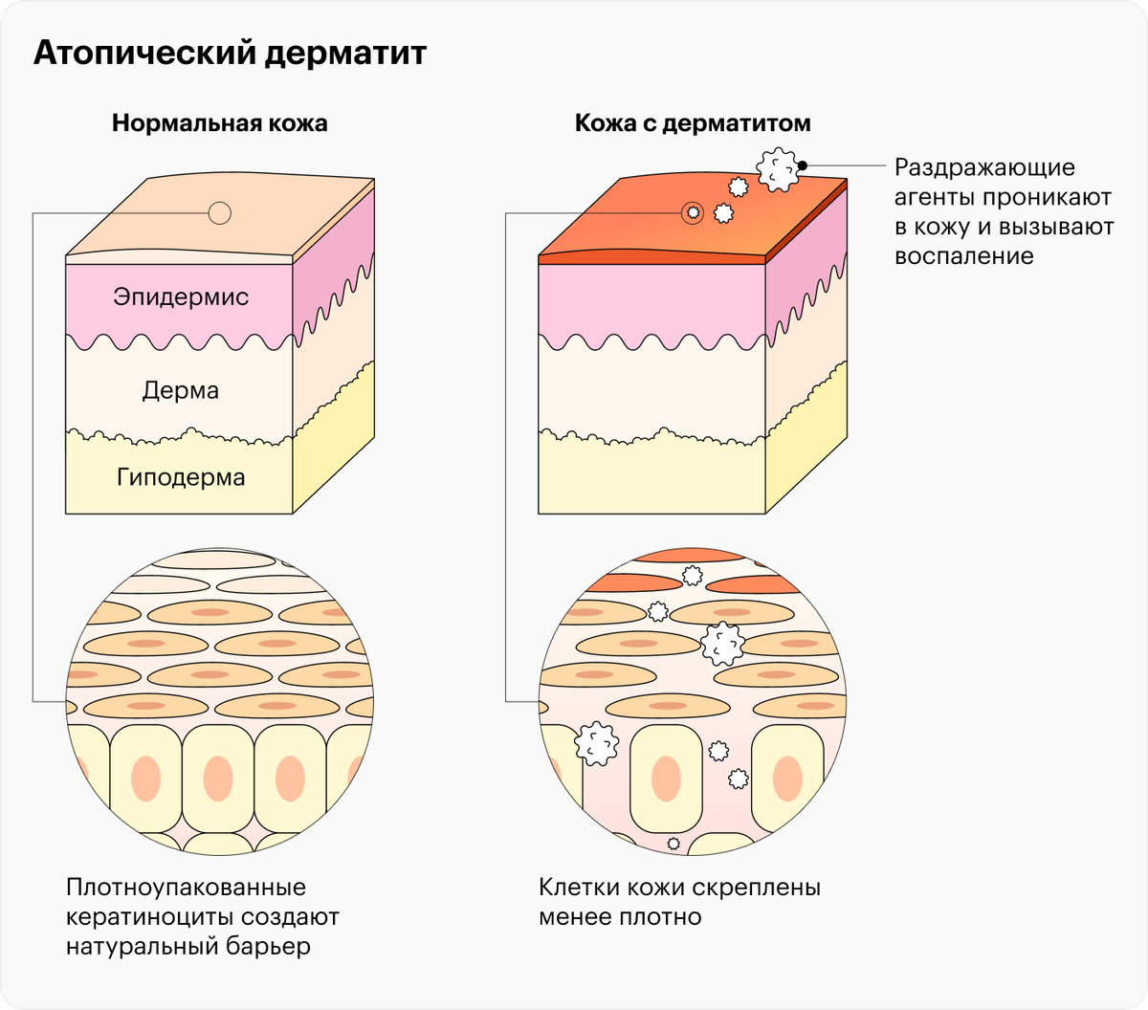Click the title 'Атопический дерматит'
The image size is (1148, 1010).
click(x=230, y=54)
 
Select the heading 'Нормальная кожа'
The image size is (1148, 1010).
click(x=219, y=123)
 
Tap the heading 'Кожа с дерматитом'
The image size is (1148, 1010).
click(x=693, y=123)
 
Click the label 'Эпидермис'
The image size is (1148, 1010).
click(x=181, y=296)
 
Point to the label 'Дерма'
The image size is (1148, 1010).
click(x=181, y=390)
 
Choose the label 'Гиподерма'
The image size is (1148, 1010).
click(x=181, y=477)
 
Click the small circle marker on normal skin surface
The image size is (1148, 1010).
click(x=220, y=213)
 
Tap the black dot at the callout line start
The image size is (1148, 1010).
click(x=803, y=165)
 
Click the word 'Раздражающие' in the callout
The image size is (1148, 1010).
click(x=984, y=168)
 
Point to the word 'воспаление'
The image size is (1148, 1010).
click(x=963, y=256)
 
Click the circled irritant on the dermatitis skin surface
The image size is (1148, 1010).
click(x=692, y=213)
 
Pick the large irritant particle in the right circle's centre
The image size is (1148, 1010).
click(x=723, y=644)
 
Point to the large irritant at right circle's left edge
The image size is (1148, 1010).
click(x=597, y=742)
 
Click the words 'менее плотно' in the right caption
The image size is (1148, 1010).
click(x=620, y=917)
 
